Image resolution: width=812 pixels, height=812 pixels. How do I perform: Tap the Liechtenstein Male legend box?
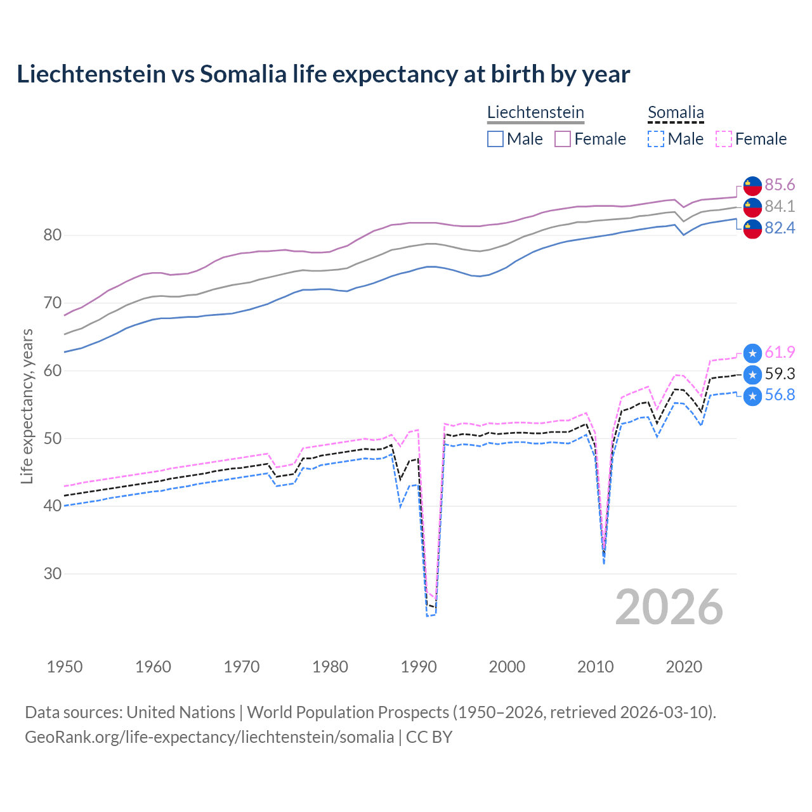495,139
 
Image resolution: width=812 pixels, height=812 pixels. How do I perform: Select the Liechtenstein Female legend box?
563,139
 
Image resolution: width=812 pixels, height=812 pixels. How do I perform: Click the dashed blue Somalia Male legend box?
656,139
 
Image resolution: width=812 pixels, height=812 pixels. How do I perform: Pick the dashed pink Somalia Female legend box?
724,139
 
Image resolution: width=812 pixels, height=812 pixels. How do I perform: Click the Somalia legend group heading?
676,113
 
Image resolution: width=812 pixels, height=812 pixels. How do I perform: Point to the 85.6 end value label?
780,185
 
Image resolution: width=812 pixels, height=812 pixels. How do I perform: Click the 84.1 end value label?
780,206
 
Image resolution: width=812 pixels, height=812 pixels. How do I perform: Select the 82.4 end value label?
780,228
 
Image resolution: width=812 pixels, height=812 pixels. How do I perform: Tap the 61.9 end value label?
780,352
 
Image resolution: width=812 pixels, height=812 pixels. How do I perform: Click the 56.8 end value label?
780,395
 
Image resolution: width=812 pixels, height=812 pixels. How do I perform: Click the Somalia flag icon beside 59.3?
752,374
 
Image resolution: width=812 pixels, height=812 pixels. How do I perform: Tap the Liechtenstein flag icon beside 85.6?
752,185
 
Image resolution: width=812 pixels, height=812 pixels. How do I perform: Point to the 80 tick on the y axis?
53,235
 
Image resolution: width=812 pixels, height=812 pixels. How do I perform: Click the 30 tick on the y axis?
53,574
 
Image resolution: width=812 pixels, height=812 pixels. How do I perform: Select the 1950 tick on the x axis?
65,667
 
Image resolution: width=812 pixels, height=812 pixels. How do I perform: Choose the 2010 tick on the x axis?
595,667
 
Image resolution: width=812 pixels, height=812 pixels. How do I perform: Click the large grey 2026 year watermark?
669,607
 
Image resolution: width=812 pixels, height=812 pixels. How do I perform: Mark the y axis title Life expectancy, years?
27,406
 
